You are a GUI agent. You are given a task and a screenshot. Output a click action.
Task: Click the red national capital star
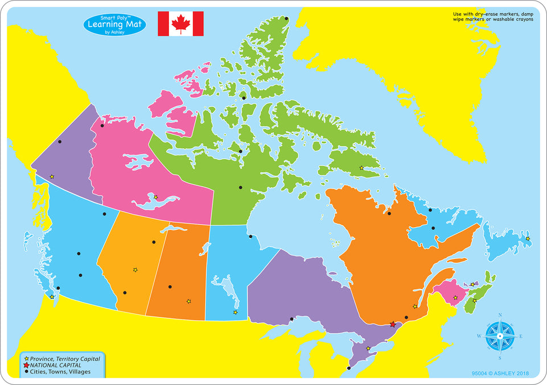pyautogui.click(x=393, y=325)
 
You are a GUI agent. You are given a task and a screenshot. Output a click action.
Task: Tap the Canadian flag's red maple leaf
pyautogui.click(x=180, y=23)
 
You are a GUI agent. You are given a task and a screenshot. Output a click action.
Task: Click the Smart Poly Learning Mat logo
pyautogui.click(x=114, y=24)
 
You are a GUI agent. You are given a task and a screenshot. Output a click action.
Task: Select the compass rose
pyautogui.click(x=500, y=336)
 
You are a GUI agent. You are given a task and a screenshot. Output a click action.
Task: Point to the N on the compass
pyautogui.click(x=500, y=315)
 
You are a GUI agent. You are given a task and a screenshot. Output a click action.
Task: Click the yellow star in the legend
pyautogui.click(x=26, y=358)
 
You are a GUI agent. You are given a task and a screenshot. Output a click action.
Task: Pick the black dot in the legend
pyautogui.click(x=26, y=372)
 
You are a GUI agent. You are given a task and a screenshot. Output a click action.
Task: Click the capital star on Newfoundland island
pyautogui.click(x=528, y=238)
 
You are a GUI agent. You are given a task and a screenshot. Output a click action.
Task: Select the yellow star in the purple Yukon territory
pyautogui.click(x=52, y=177)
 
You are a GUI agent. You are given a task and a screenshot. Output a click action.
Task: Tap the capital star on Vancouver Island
pyautogui.click(x=52, y=297)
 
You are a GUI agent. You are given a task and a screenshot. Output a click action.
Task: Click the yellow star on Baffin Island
pyautogui.click(x=361, y=168)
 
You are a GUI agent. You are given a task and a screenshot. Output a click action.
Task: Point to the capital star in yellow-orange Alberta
pyautogui.click(x=135, y=270)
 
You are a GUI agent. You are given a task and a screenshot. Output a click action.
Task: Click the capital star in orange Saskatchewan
pyautogui.click(x=188, y=301)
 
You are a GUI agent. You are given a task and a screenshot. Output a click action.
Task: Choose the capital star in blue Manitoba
pyautogui.click(x=235, y=312)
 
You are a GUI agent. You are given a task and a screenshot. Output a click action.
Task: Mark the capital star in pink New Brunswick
pyautogui.click(x=455, y=298)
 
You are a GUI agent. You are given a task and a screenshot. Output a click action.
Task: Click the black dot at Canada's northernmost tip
pyautogui.click(x=286, y=18)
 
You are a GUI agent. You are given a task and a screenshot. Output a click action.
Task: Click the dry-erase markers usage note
pyautogui.click(x=493, y=16)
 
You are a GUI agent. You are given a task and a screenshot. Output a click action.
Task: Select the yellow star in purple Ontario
pyautogui.click(x=368, y=348)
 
